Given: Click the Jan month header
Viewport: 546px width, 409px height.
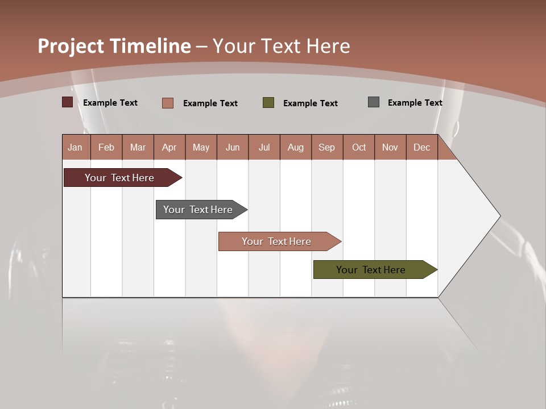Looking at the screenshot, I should point(76,147).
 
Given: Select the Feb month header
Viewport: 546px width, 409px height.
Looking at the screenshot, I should point(106,147).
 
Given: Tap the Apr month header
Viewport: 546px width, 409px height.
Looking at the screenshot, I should point(169,147).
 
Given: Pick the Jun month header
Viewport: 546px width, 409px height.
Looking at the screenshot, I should point(233,147).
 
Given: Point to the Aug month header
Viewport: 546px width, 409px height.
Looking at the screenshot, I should point(295,147).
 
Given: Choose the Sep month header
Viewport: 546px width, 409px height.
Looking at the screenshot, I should point(326,147).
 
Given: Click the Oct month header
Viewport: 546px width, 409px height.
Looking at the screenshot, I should point(359,147).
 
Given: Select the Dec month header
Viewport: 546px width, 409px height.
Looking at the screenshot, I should point(421,147).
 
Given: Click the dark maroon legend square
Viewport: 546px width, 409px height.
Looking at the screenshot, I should point(68,102).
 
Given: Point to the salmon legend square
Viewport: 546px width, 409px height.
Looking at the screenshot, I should point(168,103).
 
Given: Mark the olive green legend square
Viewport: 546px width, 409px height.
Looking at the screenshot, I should point(268,103).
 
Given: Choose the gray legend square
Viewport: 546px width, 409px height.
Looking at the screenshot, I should point(374,102).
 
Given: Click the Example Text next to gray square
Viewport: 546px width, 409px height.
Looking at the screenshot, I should point(415,103).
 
